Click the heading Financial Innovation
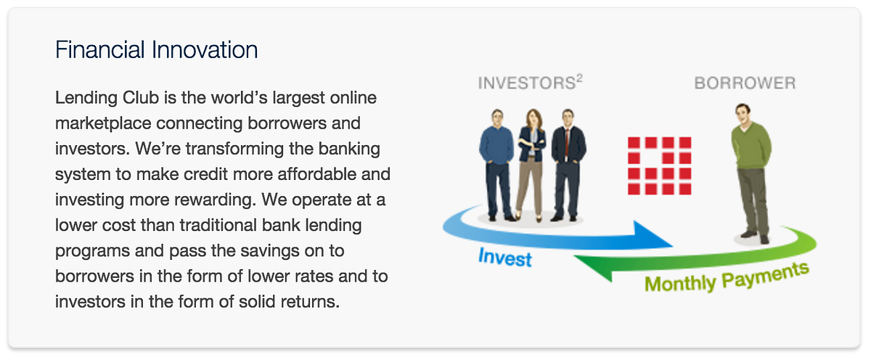(x=156, y=50)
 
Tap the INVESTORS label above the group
(x=526, y=83)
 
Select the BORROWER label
(x=745, y=83)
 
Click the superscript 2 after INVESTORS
(x=579, y=78)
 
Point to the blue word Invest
(x=504, y=258)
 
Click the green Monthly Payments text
(x=727, y=277)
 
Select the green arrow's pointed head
(x=593, y=268)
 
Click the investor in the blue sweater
(x=496, y=165)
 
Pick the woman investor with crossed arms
(x=531, y=165)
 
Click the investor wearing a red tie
(x=568, y=165)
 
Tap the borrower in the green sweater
(x=752, y=173)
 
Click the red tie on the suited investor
(x=568, y=143)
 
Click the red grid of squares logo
(x=660, y=165)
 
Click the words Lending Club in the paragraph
(x=107, y=97)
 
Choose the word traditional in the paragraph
(x=199, y=225)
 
